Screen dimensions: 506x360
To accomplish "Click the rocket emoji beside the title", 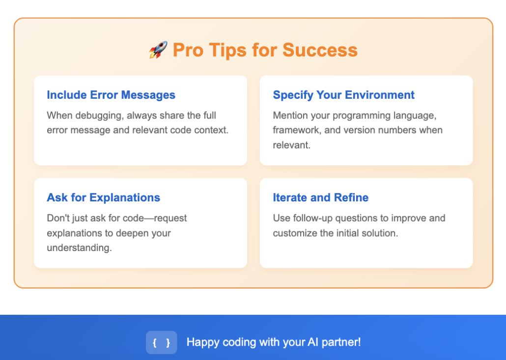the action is (x=158, y=50).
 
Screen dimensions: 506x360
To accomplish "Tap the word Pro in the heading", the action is (x=188, y=50).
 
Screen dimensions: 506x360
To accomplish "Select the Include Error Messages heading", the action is (x=111, y=95).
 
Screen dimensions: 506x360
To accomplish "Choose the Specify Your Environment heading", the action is (x=344, y=95).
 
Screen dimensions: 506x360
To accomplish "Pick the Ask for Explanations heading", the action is (x=104, y=197).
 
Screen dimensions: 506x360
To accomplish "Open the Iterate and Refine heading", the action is (x=321, y=197).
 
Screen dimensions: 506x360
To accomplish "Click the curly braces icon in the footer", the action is (x=161, y=342).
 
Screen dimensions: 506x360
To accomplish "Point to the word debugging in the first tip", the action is (x=100, y=115).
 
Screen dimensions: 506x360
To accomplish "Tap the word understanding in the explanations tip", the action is (x=80, y=248).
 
